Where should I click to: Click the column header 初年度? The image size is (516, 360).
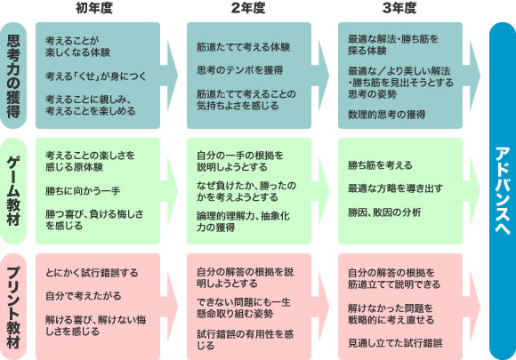pos(94,8)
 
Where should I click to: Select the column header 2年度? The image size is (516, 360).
pos(248,8)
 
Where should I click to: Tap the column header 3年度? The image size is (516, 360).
pos(399,8)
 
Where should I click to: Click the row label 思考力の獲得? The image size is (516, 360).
pos(13,76)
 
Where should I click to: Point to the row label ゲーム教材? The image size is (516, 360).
pos(13,191)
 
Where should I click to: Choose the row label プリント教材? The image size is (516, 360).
pos(13,307)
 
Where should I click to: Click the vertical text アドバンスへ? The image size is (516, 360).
pos(502,191)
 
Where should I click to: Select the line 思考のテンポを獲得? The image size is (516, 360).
pos(240,70)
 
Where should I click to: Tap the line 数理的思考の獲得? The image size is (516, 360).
pos(387,115)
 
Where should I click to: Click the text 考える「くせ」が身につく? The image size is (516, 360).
pos(96,76)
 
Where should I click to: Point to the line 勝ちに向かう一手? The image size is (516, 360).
pos(83,191)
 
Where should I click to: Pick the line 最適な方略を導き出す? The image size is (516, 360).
pos(395,188)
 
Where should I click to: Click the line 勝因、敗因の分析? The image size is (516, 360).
pos(384,212)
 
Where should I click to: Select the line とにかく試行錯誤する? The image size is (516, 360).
pos(92,273)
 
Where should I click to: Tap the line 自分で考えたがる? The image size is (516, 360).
pos(84,296)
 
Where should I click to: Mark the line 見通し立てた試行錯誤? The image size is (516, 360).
pos(395,343)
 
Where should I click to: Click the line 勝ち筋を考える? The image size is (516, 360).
pos(380,165)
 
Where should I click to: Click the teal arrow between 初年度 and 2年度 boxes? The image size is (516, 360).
pos(169,76)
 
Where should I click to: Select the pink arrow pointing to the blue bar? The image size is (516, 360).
pos(472,307)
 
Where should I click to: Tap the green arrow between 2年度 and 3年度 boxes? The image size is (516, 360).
pos(320,191)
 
